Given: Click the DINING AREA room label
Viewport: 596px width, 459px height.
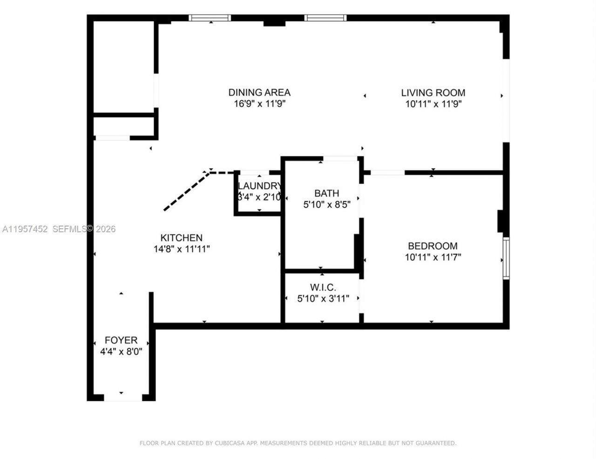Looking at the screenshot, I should pos(259,92).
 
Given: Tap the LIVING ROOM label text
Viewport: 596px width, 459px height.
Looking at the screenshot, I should pos(433,93).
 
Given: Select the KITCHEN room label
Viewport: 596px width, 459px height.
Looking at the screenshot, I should pos(181,238).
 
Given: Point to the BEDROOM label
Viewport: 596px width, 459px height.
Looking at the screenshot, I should pos(433,246).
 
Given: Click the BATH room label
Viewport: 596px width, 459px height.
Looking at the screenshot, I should pos(326,193).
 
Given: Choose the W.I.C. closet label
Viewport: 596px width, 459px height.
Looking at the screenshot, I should pos(323,288).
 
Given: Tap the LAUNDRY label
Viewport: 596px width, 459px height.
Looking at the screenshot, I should pos(259,186).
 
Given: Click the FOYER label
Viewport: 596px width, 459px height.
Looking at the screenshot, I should pos(121,340).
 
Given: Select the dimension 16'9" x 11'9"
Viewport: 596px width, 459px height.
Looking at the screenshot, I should pos(259,104).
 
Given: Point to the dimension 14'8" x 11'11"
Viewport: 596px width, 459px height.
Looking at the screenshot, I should pos(182,249).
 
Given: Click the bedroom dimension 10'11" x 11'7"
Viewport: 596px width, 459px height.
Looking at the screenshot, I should pos(433,257).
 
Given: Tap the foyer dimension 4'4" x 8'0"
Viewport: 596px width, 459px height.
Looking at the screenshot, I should pos(121,352).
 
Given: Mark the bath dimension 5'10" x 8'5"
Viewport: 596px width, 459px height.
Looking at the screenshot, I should pos(326,205).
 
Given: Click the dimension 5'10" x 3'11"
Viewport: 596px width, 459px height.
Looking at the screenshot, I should pos(323,299).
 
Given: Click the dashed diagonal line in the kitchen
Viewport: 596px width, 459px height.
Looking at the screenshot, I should pos(185,191).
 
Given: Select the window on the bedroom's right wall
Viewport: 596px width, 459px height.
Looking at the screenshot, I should pos(506,258).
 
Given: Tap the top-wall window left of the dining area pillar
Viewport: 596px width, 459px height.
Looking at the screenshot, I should pos(210,18).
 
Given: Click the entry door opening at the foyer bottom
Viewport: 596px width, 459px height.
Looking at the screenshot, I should pos(122,397).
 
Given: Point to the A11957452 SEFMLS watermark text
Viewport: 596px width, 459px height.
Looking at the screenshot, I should pos(59,229).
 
